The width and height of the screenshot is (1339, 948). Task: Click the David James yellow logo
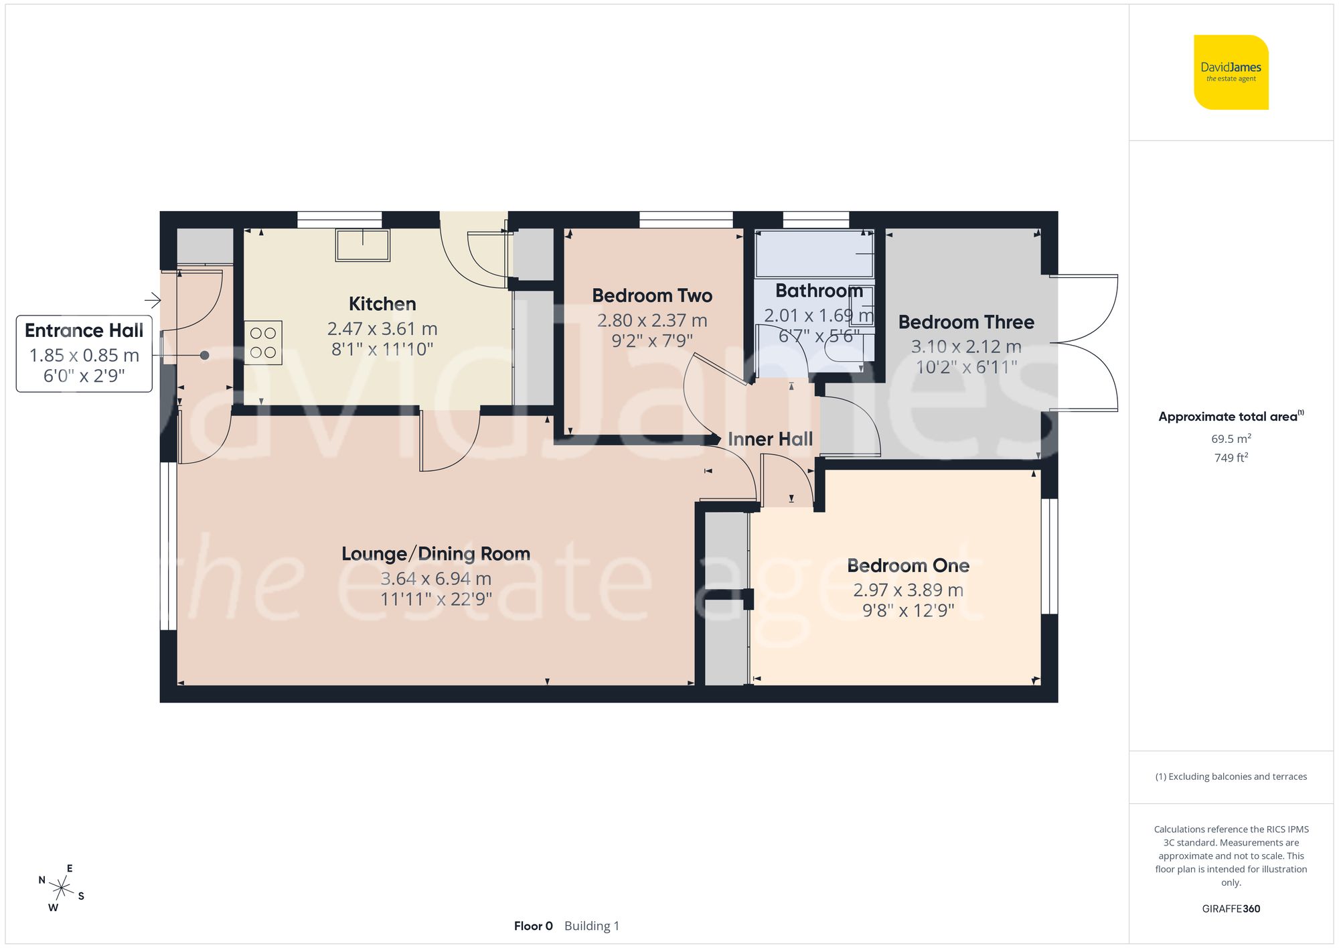tap(1231, 72)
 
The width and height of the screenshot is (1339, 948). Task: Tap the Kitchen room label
tap(382, 304)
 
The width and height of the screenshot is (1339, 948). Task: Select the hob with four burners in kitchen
tap(262, 342)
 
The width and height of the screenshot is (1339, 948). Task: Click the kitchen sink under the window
tap(362, 245)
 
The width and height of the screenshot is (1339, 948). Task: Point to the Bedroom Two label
tap(651, 295)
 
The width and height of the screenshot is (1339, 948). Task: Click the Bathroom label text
tap(819, 291)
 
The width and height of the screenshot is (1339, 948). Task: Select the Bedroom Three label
tap(965, 322)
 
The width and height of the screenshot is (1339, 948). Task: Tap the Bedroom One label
tap(908, 565)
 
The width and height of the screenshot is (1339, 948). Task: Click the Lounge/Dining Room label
tap(436, 554)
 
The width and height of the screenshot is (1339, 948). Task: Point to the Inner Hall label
tap(770, 439)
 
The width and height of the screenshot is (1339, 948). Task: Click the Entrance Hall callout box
tap(84, 353)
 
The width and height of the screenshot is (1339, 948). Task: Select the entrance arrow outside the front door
tap(153, 299)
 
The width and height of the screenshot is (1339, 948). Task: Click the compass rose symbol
tap(62, 889)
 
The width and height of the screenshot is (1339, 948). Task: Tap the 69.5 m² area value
tap(1231, 439)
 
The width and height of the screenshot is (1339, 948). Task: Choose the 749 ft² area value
tap(1231, 458)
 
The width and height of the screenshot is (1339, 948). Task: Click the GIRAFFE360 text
tap(1231, 908)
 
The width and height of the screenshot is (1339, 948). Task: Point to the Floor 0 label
tap(533, 926)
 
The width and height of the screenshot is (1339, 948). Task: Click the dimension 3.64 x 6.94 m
tap(436, 579)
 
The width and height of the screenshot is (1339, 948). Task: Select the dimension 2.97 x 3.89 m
tap(908, 590)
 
